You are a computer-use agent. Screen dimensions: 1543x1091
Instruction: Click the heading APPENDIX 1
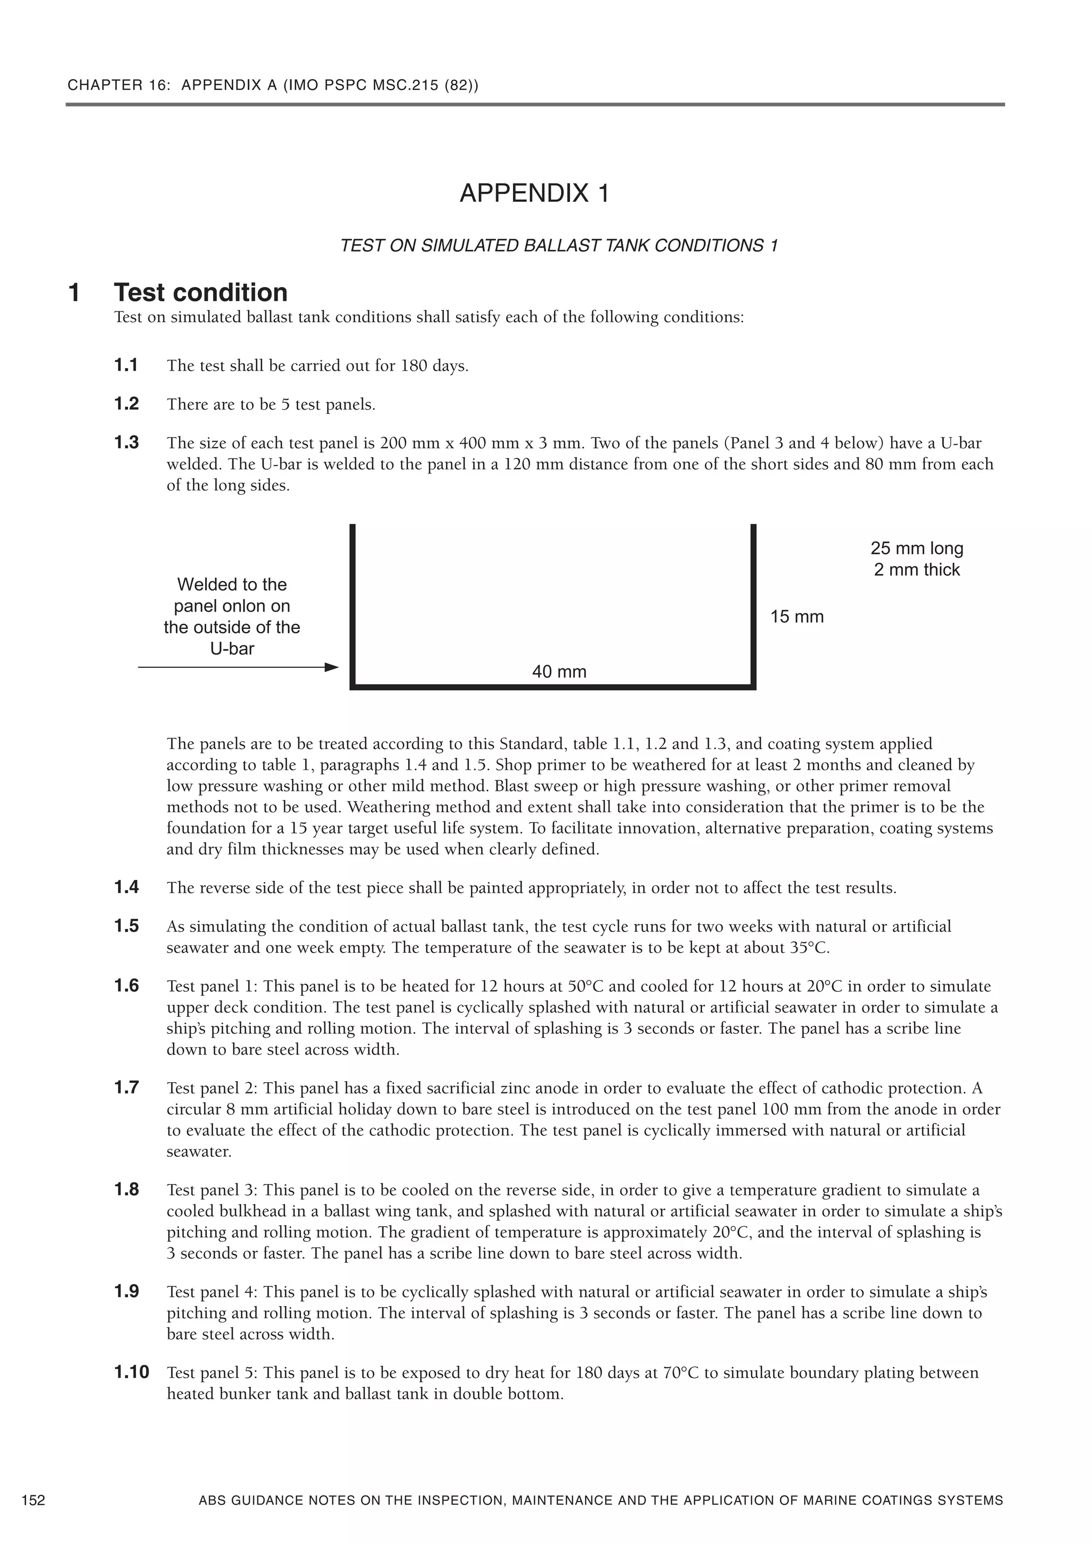pyautogui.click(x=534, y=193)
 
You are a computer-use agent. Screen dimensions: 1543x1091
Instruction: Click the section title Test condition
pyautogui.click(x=200, y=292)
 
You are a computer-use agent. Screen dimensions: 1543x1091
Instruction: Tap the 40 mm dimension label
pyautogui.click(x=559, y=671)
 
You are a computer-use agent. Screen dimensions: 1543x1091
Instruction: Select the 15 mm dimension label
pyautogui.click(x=796, y=616)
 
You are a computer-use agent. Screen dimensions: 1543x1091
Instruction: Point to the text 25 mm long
pyautogui.click(x=917, y=549)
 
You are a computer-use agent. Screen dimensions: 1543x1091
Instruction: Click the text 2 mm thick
pyautogui.click(x=917, y=570)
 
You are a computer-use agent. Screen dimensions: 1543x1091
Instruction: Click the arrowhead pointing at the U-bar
pyautogui.click(x=331, y=667)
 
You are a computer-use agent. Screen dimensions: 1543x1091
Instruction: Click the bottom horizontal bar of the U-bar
pyautogui.click(x=552, y=687)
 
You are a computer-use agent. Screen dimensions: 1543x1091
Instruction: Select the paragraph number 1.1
pyautogui.click(x=126, y=365)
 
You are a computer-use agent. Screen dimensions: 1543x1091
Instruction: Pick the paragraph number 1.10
pyautogui.click(x=131, y=1371)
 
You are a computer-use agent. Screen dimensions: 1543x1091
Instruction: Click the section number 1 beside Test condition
pyautogui.click(x=75, y=293)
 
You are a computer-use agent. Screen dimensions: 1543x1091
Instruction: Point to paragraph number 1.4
pyautogui.click(x=126, y=887)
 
